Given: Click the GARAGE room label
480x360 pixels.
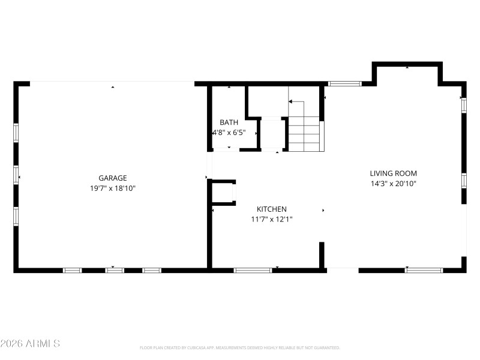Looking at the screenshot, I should [113, 178].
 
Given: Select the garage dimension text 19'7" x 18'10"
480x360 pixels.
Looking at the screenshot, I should [113, 188].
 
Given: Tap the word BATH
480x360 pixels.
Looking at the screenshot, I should [229, 122].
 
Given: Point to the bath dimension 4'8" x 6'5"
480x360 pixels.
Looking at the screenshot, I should [229, 132].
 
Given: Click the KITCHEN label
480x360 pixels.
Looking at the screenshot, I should [271, 209].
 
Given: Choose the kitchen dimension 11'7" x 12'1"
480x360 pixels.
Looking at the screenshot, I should [271, 219].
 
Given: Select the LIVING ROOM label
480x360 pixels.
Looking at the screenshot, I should [393, 173].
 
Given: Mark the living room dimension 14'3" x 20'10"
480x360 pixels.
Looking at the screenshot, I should [393, 184].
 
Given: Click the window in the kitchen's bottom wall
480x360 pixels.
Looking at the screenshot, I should [253, 270].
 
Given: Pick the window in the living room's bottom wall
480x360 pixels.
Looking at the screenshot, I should [424, 270].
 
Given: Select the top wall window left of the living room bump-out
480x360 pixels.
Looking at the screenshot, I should [344, 83].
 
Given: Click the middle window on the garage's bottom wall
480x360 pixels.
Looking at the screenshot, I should [115, 270].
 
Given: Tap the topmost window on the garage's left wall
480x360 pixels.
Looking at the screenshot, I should [16, 132].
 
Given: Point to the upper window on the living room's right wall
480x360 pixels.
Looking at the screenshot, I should [464, 105].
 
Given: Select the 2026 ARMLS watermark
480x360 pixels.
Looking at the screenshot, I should [30, 344].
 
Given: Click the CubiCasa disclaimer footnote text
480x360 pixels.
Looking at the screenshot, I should [240, 347].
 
